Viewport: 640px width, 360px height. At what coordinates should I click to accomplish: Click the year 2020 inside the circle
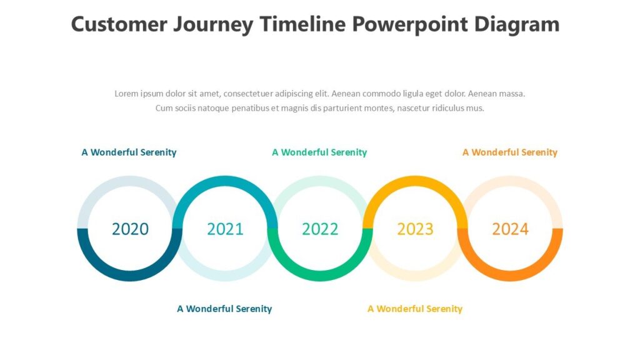click(x=130, y=229)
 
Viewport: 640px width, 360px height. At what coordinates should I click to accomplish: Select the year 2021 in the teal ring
click(x=225, y=229)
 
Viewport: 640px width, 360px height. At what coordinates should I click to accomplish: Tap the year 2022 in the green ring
click(x=320, y=229)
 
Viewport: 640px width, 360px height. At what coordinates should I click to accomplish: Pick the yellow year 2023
click(x=415, y=229)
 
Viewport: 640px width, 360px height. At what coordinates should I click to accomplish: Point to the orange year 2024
click(x=510, y=229)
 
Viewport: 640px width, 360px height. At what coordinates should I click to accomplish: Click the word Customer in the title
click(x=119, y=24)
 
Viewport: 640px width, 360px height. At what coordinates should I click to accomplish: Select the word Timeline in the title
click(x=302, y=24)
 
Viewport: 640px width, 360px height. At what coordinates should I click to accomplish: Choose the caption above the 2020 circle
click(x=129, y=152)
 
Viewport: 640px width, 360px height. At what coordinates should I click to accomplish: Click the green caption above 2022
click(x=319, y=152)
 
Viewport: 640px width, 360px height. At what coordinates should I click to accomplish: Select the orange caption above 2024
click(x=509, y=152)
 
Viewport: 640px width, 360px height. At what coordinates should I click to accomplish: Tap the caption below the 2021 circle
click(x=224, y=309)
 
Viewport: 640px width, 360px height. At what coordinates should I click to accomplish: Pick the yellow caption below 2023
click(x=415, y=309)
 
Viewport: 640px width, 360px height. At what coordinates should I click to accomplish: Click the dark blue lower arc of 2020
click(x=130, y=276)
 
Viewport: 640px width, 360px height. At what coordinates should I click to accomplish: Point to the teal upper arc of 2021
click(x=225, y=181)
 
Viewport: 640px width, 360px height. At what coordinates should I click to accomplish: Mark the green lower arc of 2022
click(x=320, y=276)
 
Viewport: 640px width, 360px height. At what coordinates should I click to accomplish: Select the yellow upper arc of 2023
click(x=415, y=181)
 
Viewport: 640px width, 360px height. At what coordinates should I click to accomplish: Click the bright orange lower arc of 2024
click(x=510, y=276)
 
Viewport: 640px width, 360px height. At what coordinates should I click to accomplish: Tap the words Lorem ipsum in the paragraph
click(x=136, y=94)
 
